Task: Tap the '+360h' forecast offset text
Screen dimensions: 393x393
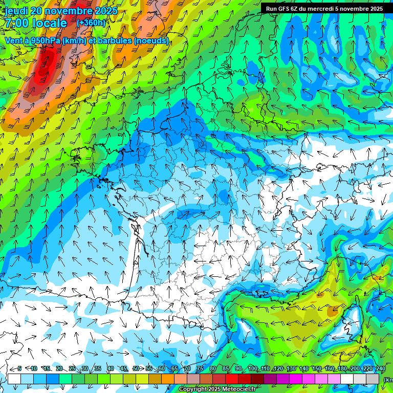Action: point(91,23)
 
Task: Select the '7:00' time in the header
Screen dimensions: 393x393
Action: point(16,24)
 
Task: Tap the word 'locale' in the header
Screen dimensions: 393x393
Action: point(49,24)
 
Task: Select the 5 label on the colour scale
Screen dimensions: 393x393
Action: point(19,368)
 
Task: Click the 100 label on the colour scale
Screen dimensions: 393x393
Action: point(252,368)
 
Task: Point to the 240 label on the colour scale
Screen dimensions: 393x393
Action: point(380,368)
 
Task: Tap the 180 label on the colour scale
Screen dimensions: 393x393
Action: point(342,368)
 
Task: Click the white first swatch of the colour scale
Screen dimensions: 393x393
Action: point(14,379)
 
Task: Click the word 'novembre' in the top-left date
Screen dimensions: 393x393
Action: point(69,11)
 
